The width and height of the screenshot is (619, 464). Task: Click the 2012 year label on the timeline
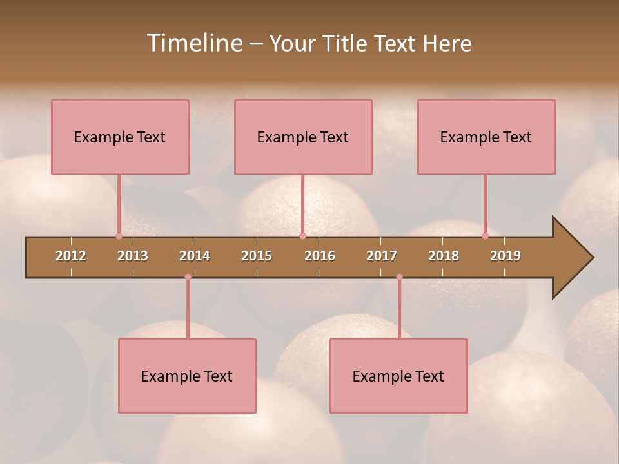coord(71,256)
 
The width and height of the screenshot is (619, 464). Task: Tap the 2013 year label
coord(133,256)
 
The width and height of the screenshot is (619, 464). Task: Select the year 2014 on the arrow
coord(195,256)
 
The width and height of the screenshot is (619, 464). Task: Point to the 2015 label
coord(257,256)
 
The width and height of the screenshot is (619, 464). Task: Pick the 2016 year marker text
coord(320,256)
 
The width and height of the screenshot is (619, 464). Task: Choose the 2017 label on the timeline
coord(382,256)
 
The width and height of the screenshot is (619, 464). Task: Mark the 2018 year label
coord(444,256)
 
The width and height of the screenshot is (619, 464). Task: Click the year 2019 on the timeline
coord(506,256)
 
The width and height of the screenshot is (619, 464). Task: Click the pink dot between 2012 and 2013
coord(119,236)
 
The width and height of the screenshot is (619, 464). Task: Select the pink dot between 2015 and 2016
coord(302,236)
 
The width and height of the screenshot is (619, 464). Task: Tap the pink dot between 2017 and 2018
coord(399,277)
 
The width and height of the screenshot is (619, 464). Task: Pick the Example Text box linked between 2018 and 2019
coord(486,137)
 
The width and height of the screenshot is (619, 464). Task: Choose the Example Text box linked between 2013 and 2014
coord(187,376)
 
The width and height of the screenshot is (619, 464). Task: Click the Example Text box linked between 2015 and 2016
coord(303,137)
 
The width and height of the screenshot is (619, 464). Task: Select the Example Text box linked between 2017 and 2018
coord(398,376)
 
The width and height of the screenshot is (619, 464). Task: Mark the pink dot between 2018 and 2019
coord(485,236)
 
